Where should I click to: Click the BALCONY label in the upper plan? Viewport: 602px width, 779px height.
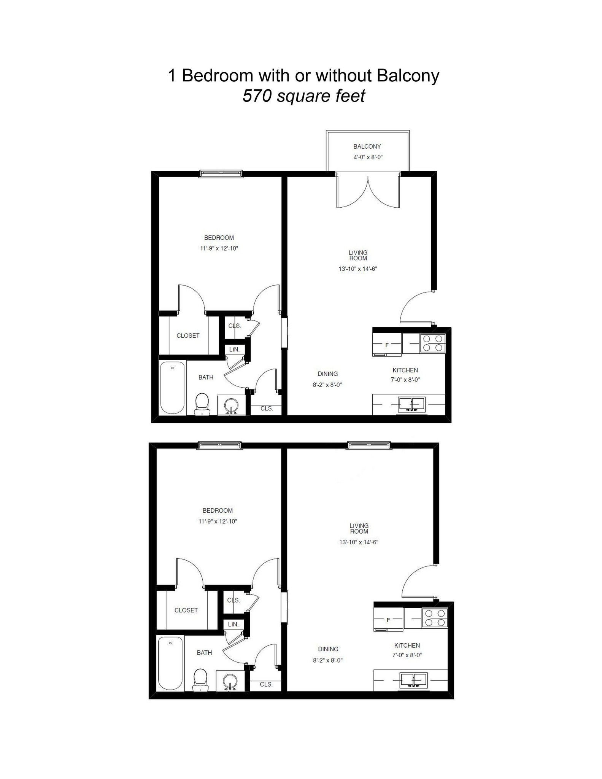point(367,146)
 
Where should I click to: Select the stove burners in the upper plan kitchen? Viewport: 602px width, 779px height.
point(433,343)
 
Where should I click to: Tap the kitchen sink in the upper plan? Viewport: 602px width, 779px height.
point(411,405)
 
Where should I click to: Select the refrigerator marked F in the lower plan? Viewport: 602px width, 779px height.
point(388,620)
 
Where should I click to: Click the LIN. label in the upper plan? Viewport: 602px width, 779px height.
point(234,349)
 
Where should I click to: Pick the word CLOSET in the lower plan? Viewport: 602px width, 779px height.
point(186,610)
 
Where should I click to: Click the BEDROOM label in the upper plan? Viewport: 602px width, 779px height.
point(219,238)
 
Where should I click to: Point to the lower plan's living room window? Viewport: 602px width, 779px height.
point(369,445)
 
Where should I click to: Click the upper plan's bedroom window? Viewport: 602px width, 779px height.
point(221,174)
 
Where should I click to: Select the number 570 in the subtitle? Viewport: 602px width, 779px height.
point(256,96)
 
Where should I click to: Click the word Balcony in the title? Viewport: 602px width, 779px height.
point(408,76)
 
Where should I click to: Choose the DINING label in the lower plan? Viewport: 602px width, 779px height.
point(328,649)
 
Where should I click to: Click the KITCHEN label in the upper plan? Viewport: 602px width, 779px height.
point(405,370)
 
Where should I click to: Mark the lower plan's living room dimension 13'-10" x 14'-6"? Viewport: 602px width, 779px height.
point(359,542)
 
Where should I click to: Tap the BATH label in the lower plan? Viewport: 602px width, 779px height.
point(204,653)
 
